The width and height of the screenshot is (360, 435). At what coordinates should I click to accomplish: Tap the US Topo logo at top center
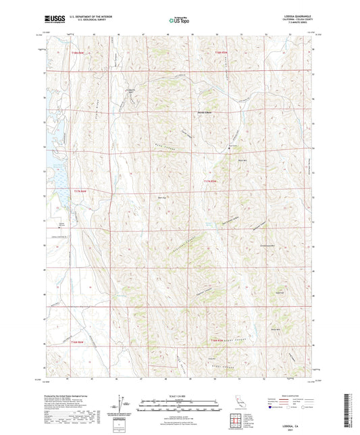[179, 21]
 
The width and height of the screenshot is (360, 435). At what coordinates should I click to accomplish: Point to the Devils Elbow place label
[205, 111]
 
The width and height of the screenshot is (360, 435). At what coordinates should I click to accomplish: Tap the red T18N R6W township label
[81, 53]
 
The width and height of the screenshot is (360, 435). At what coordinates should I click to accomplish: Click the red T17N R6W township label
[81, 191]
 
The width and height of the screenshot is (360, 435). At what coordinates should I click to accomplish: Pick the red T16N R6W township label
[79, 342]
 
